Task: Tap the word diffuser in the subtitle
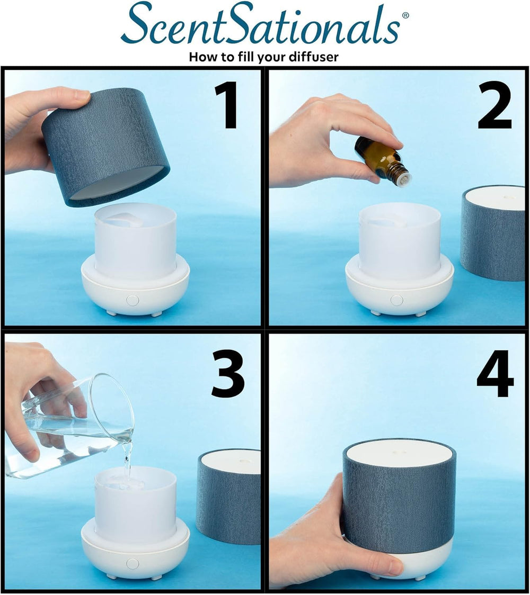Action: [x=313, y=57]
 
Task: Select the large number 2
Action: [x=494, y=105]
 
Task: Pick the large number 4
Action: [x=495, y=374]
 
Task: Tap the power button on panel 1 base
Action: [x=132, y=300]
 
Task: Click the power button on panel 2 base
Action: [x=396, y=300]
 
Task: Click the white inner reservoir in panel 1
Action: [x=135, y=241]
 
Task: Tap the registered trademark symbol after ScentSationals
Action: [x=405, y=16]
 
